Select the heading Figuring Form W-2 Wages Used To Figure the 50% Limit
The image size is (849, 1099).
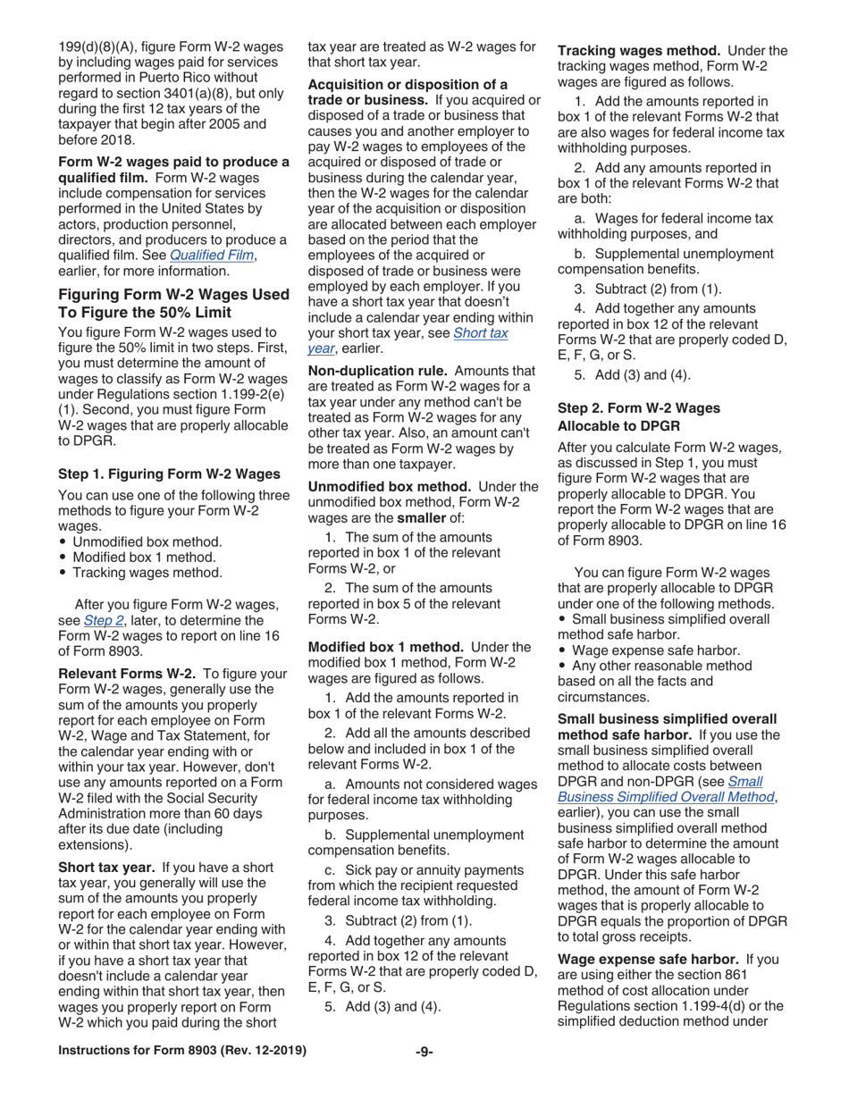[x=173, y=303]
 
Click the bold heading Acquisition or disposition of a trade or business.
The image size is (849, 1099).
[x=408, y=91]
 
